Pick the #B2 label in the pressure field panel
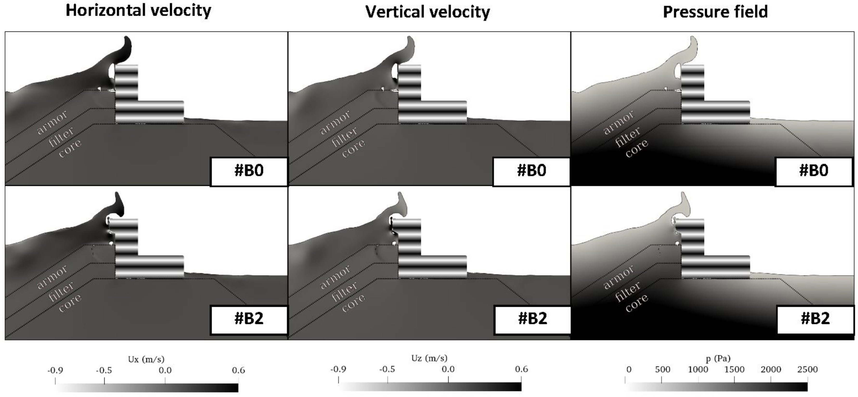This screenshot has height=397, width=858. click(x=815, y=319)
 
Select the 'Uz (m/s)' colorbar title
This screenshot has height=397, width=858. click(x=429, y=358)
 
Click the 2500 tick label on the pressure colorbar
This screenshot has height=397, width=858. click(x=807, y=369)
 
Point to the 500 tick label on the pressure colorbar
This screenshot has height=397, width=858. click(x=662, y=369)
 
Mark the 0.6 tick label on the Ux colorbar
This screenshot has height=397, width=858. click(x=238, y=370)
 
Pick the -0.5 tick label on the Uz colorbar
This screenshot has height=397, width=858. click(x=388, y=369)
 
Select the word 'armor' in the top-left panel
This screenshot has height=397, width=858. click(x=52, y=122)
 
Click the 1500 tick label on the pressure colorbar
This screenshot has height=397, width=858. click(x=735, y=369)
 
